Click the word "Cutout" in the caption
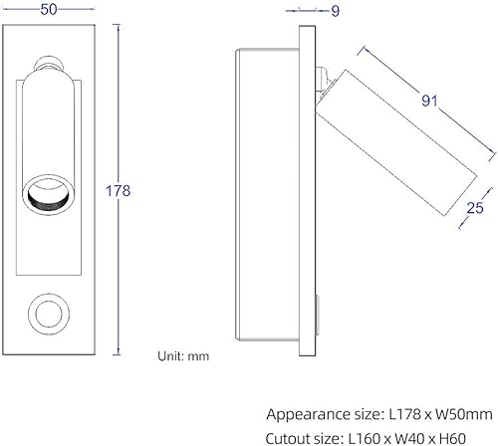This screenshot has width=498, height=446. click(x=292, y=435)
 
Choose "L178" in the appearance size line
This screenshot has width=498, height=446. click(x=410, y=412)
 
